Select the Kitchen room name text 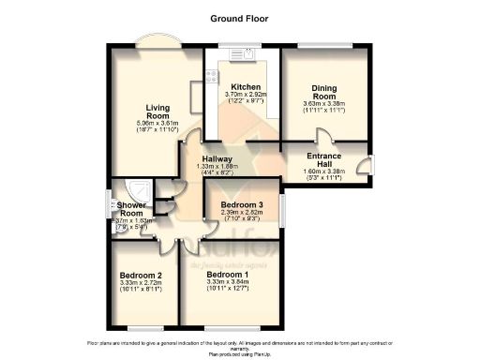click(246, 86)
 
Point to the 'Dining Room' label click(324, 92)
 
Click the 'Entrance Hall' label click(329, 159)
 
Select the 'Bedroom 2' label click(141, 275)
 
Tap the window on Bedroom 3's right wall click(283, 208)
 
